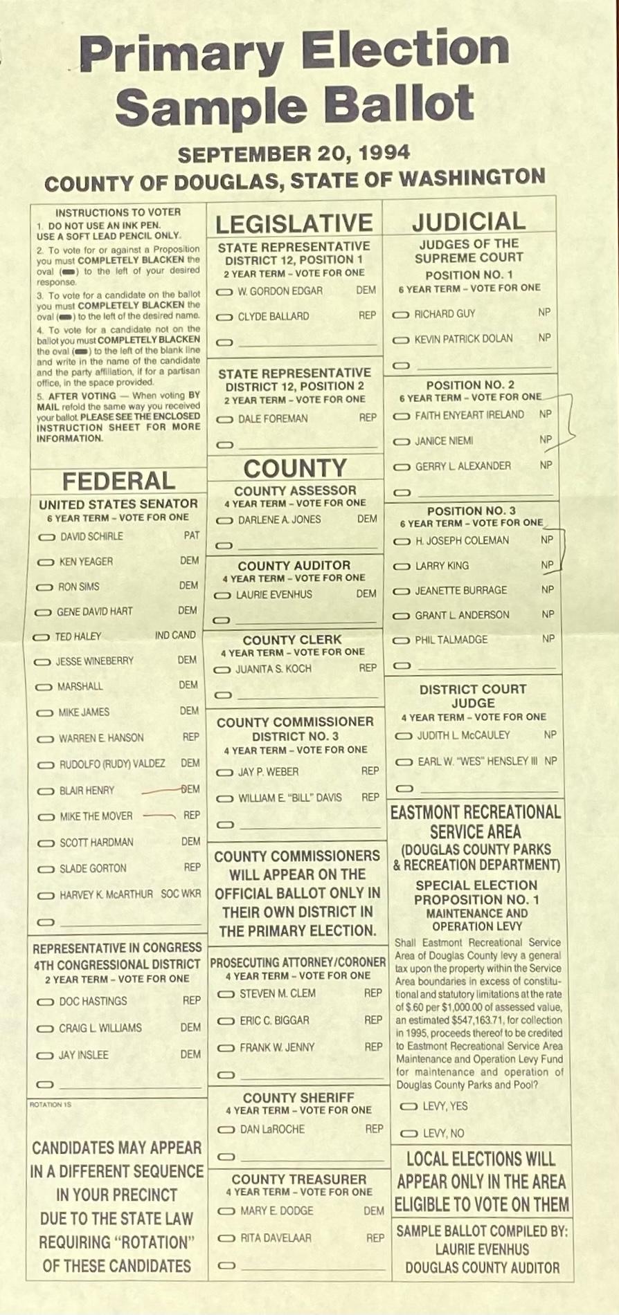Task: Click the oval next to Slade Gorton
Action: click(46, 869)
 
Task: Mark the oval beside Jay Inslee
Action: click(46, 1056)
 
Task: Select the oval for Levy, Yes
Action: click(409, 1107)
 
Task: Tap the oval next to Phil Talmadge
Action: click(402, 641)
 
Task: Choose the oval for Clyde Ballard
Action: click(224, 318)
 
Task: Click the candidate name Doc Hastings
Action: click(93, 1001)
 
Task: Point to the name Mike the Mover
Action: click(96, 816)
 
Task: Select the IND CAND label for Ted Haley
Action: click(175, 635)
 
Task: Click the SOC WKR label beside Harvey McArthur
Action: click(181, 894)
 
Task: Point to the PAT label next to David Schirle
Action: click(192, 535)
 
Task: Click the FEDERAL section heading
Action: click(118, 481)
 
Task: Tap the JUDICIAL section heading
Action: click(468, 221)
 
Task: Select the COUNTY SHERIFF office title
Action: click(298, 1098)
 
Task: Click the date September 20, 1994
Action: click(294, 153)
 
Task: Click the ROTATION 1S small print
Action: click(51, 1105)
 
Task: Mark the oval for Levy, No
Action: click(409, 1134)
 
